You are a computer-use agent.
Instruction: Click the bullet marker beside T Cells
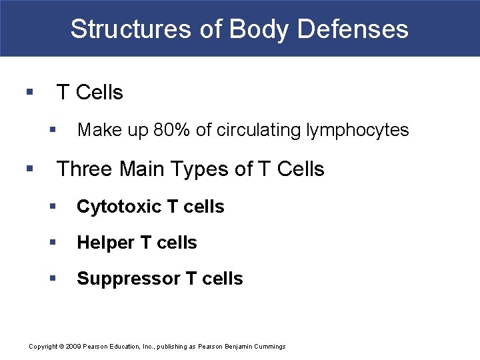point(28,92)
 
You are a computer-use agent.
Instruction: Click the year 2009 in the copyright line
point(72,347)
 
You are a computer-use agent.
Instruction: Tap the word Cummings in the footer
point(269,347)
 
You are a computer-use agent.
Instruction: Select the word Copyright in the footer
point(43,347)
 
